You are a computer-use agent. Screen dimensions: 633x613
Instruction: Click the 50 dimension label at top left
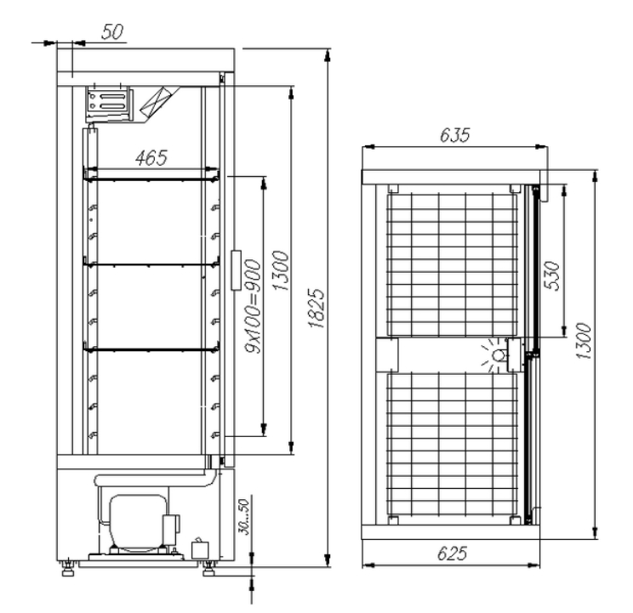click(111, 31)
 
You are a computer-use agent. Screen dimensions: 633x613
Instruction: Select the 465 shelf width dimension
click(151, 157)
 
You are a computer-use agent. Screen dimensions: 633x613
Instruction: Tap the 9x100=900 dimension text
click(254, 306)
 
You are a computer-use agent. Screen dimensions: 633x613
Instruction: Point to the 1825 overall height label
click(316, 308)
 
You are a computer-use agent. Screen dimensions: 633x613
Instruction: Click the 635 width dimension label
click(454, 135)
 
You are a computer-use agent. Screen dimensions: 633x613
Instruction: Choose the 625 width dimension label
click(452, 553)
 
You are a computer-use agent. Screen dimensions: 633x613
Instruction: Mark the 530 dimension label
click(552, 275)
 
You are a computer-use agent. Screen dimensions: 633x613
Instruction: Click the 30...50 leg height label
click(244, 517)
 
